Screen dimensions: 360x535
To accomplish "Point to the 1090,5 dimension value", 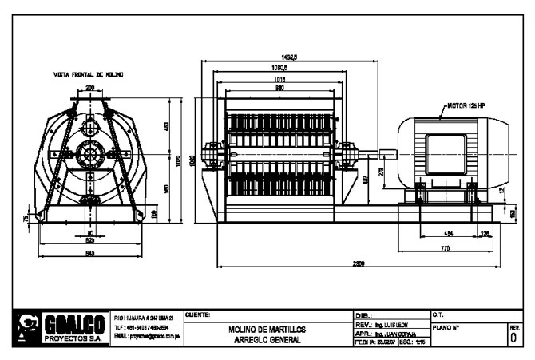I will (279, 68).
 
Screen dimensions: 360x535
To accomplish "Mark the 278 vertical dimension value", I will (380, 172).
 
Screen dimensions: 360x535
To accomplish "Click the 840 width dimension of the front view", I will (89, 253).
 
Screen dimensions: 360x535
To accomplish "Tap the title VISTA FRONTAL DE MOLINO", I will (89, 74).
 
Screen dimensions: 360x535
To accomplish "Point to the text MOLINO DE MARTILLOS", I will (267, 329).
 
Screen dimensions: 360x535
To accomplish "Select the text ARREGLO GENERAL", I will (267, 340).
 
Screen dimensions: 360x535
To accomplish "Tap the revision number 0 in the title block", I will (513, 338).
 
